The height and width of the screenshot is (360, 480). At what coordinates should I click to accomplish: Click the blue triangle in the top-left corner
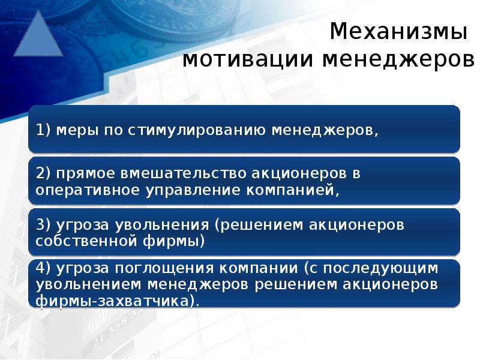pos(38,37)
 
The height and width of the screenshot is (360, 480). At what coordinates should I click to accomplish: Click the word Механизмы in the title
pos(398,31)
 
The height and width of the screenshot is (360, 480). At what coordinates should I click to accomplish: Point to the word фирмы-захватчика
pos(116,300)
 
